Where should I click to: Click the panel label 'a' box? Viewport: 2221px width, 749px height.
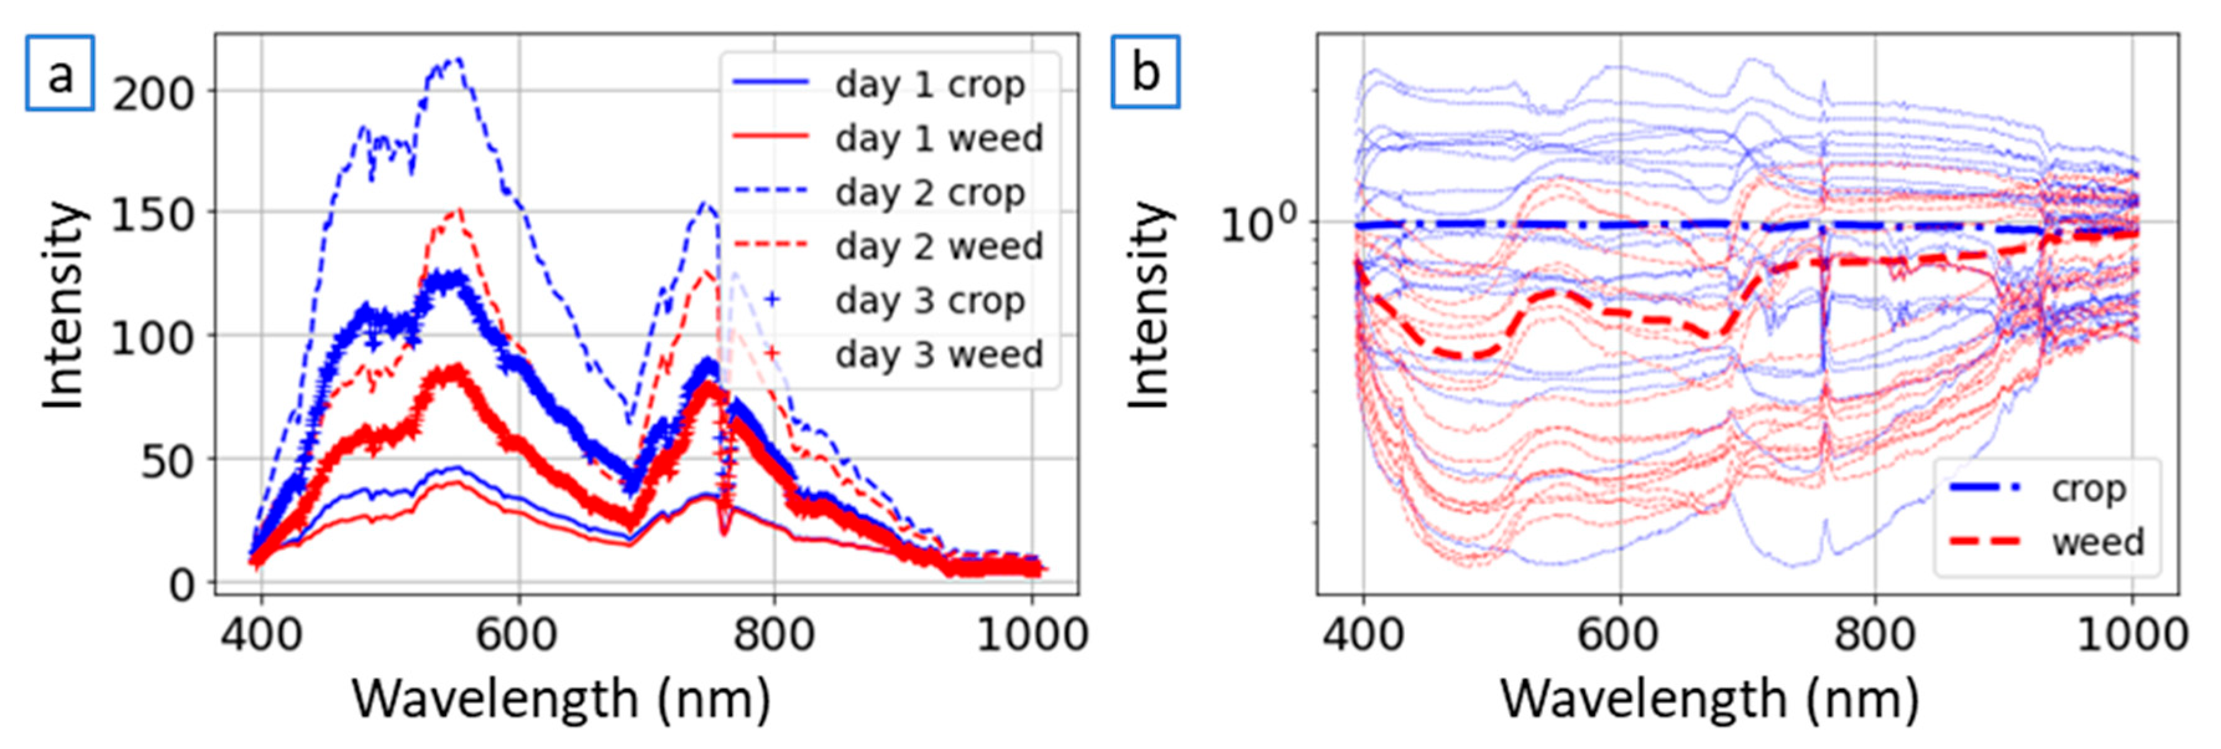point(60,73)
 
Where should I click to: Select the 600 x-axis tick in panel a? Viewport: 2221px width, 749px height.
point(517,635)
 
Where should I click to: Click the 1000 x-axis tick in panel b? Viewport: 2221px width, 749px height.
point(2132,635)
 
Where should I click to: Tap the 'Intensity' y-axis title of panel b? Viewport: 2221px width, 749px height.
point(1149,306)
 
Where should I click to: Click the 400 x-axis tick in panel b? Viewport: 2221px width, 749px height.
point(1363,635)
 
